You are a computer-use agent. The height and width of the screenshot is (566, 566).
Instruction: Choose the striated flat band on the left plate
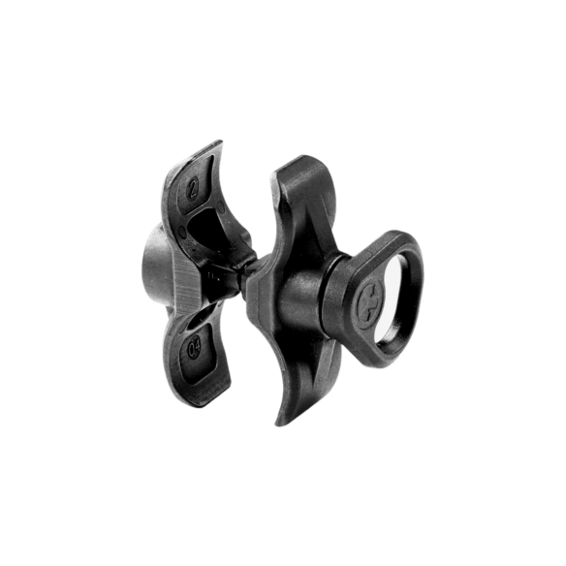[184, 276]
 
